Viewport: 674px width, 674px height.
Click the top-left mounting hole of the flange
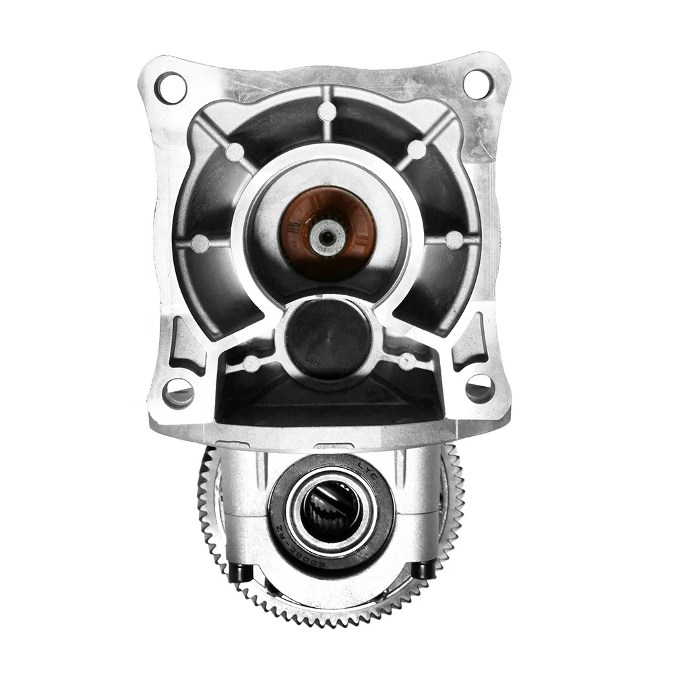(x=171, y=88)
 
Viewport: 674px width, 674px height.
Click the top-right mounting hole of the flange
(x=478, y=84)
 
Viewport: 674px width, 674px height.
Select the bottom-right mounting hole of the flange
(x=479, y=388)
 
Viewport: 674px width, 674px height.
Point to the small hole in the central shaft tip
(x=329, y=235)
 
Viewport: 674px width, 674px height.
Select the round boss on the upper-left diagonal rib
(x=235, y=152)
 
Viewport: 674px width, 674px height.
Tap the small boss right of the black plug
(x=406, y=361)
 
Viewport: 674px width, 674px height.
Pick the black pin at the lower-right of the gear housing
(x=423, y=570)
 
